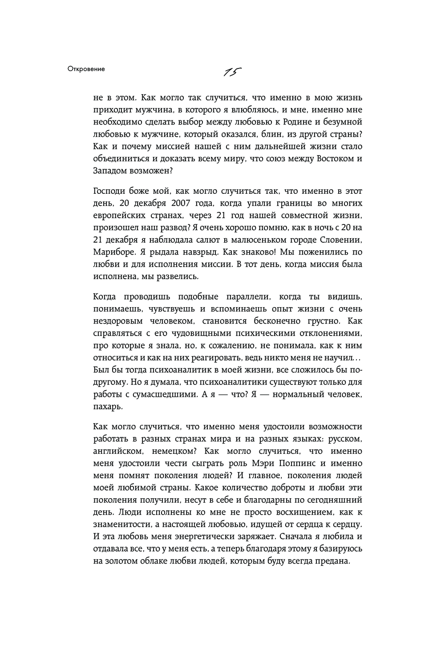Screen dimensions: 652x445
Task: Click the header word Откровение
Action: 86,69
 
